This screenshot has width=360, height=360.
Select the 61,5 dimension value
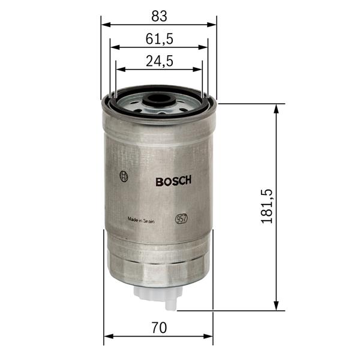(x=159, y=38)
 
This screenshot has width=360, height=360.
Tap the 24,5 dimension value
(x=159, y=61)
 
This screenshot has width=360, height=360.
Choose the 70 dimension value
(x=158, y=328)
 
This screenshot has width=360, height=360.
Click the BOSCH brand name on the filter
(x=173, y=182)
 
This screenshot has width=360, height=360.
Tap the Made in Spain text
(x=141, y=220)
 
